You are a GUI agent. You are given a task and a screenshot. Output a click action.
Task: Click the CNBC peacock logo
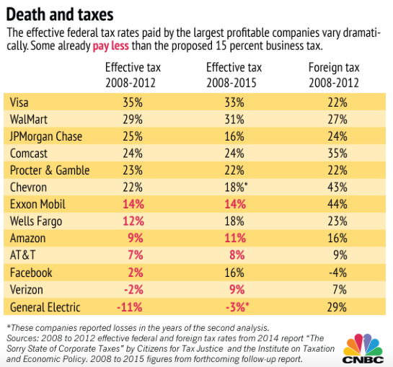[363, 348]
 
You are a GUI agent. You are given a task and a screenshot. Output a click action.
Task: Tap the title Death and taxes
[60, 14]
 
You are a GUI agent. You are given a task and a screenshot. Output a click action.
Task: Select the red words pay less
[111, 46]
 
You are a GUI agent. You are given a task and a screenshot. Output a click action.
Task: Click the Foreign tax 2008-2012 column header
[334, 75]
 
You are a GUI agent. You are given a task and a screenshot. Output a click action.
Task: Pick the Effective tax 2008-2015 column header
[234, 75]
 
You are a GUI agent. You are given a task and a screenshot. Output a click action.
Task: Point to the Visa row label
[19, 102]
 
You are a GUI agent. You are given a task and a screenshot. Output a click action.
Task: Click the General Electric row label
[45, 307]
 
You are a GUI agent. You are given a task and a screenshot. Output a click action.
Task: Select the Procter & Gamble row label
[50, 170]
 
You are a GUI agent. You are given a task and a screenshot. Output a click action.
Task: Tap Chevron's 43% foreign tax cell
[337, 187]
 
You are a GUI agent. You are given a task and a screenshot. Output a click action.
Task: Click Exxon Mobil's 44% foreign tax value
[337, 204]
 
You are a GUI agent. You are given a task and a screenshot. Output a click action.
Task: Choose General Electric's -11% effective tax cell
[130, 307]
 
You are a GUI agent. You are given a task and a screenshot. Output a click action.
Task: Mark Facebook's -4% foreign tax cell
[338, 273]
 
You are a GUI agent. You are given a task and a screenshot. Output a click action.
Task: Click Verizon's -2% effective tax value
[134, 290]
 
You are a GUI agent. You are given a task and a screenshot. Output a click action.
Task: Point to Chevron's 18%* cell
[236, 187]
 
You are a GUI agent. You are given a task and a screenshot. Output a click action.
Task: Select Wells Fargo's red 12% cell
[133, 221]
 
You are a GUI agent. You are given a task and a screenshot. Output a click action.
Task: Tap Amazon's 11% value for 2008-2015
[235, 238]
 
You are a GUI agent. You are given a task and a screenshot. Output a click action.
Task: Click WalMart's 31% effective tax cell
[234, 119]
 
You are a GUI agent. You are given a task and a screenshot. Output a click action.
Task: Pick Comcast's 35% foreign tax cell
[337, 153]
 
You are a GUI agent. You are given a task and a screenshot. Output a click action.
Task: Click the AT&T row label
[22, 255]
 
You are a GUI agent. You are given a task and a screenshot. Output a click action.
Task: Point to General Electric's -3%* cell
[237, 307]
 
